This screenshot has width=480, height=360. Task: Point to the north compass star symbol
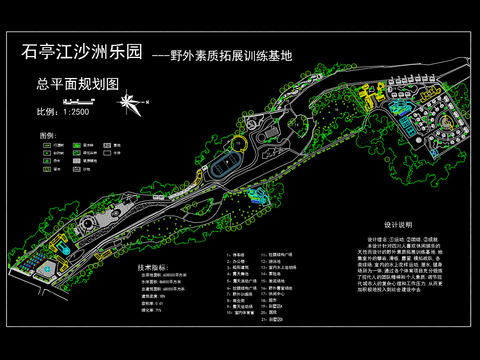(129, 103)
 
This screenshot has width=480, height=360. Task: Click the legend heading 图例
(47, 133)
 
